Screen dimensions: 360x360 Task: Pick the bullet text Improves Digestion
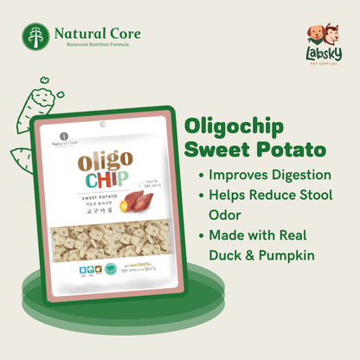(x=265, y=176)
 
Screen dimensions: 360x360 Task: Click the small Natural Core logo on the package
(x=63, y=143)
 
